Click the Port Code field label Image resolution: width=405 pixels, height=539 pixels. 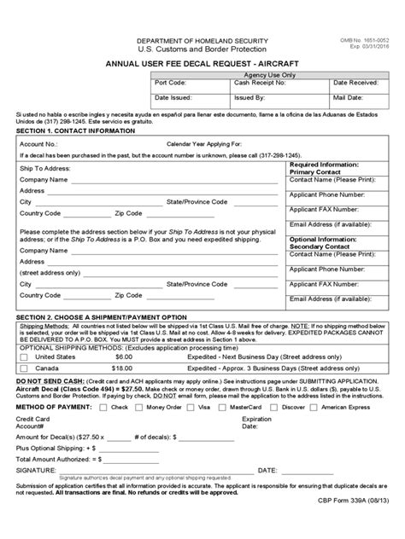coord(171,83)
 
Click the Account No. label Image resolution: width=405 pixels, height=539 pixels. coord(38,145)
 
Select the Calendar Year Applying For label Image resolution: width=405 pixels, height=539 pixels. coord(204,145)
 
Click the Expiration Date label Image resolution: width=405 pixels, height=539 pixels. coord(256,424)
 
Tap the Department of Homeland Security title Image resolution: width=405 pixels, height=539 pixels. coord(202,42)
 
